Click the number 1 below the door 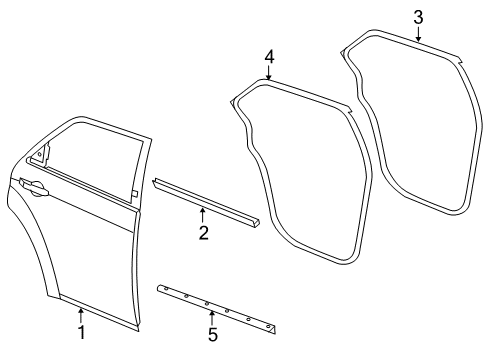click(82, 332)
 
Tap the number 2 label click(203, 233)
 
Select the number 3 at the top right click(418, 16)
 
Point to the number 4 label click(268, 59)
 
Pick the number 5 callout click(212, 334)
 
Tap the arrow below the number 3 click(418, 35)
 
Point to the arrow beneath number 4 click(268, 77)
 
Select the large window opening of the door click(95, 155)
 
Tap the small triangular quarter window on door click(40, 155)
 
